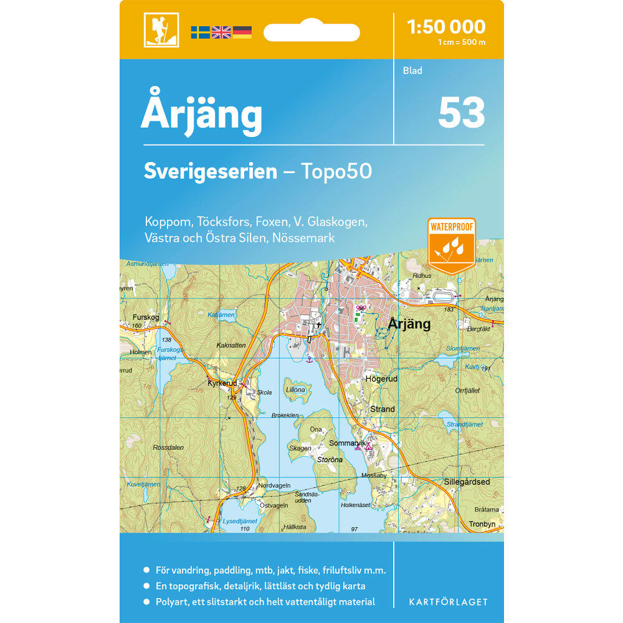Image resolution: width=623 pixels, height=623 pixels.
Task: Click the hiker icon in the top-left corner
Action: click(161, 30)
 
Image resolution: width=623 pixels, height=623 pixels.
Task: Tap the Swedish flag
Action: click(200, 32)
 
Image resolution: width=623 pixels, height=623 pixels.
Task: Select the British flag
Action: click(221, 32)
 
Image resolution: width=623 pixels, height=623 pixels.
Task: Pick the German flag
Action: click(242, 32)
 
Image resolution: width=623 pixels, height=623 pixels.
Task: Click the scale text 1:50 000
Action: click(445, 27)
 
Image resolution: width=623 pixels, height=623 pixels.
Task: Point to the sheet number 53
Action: click(462, 113)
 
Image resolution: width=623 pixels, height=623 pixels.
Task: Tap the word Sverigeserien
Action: click(210, 171)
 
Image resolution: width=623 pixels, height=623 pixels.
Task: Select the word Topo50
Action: click(336, 171)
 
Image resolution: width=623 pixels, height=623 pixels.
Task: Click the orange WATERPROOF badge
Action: click(452, 245)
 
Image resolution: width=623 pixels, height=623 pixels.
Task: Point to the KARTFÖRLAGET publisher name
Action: click(448, 602)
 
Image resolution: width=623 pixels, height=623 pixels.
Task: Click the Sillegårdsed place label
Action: click(467, 482)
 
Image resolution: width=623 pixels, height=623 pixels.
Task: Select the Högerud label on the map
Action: click(382, 378)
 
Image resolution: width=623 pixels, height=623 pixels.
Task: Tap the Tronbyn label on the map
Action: click(482, 524)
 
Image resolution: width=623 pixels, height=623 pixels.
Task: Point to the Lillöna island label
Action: click(295, 390)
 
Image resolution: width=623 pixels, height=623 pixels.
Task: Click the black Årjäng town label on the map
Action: click(409, 324)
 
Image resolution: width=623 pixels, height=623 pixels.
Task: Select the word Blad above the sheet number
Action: click(412, 70)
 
